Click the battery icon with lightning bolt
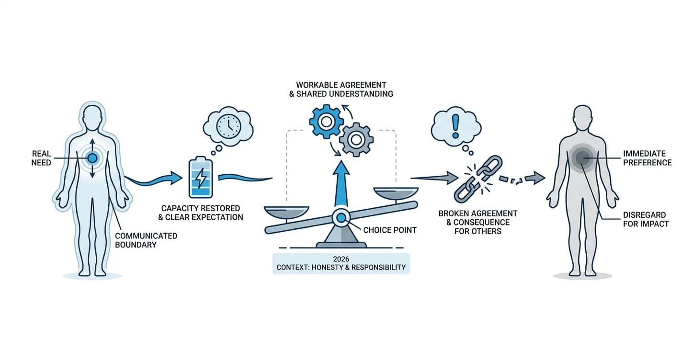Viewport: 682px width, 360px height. pos(201,178)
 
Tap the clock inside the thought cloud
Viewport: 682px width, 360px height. pos(228,126)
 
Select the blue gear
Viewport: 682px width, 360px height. pos(326,122)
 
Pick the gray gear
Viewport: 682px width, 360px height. pos(356,140)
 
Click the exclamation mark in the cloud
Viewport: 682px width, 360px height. pos(455,126)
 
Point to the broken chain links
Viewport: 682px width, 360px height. pos(477,179)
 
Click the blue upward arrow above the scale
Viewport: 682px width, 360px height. pos(341,184)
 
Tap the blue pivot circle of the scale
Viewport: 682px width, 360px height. pos(341,218)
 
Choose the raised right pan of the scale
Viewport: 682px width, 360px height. pos(396,193)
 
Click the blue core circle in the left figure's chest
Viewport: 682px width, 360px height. pos(92,158)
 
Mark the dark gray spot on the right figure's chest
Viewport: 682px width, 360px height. pos(582,158)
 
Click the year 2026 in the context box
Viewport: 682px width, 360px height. pos(341,259)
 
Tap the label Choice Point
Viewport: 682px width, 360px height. pos(390,230)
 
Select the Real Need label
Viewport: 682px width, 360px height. pos(41,158)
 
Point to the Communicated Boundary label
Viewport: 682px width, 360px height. pos(146,240)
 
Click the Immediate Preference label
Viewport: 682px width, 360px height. pos(648,158)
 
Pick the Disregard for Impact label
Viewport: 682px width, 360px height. pos(646,219)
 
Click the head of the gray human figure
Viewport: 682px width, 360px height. pos(582,117)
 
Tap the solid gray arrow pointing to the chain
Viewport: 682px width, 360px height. pos(435,178)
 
